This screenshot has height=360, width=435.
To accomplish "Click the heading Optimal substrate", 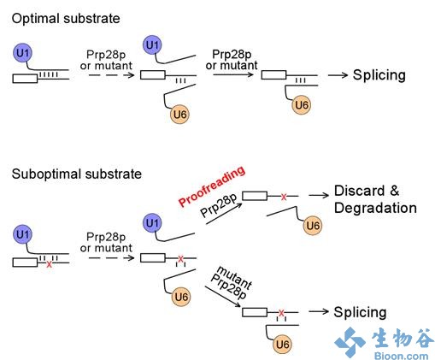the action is click(66, 19).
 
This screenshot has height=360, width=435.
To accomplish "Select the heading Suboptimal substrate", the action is click(77, 174).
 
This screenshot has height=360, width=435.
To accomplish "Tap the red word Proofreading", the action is click(211, 186).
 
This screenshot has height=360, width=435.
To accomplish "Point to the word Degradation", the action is click(375, 208).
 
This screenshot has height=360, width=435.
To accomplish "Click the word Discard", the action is click(360, 191).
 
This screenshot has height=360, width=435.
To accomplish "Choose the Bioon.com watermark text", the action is click(401, 356).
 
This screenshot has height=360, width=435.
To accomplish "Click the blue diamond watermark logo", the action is click(350, 342).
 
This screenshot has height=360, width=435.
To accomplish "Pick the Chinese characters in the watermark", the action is click(403, 338).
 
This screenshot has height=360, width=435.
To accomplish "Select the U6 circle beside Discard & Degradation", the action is click(313, 226).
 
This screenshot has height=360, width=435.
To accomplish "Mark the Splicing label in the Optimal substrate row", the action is click(379, 75).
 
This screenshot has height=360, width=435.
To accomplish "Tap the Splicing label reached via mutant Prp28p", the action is click(360, 312).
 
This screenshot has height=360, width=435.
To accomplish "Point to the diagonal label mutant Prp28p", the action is click(232, 282).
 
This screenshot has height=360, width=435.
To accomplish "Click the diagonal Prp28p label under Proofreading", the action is click(219, 205).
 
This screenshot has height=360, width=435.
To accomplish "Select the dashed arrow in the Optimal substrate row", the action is click(111, 75).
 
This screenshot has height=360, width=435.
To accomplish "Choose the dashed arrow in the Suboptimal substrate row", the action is click(111, 258).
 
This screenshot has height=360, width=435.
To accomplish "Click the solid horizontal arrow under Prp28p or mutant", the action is click(233, 74).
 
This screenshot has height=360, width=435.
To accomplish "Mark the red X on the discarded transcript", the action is click(284, 197).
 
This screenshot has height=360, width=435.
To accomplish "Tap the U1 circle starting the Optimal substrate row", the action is click(22, 53).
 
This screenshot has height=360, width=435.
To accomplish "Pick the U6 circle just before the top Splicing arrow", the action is click(301, 105).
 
